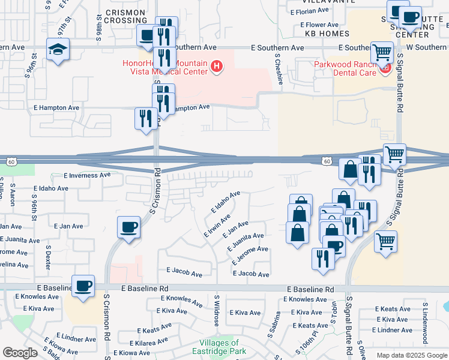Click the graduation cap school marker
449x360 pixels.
coord(58,49)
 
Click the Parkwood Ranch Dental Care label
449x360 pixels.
coord(345,68)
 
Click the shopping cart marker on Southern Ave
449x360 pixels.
coord(381,52)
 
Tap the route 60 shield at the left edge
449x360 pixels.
coord(11,161)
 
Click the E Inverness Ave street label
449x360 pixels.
coord(88,175)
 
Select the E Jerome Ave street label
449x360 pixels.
coord(249,256)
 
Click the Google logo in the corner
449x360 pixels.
coord(20,353)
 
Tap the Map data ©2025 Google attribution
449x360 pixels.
coord(411,355)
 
